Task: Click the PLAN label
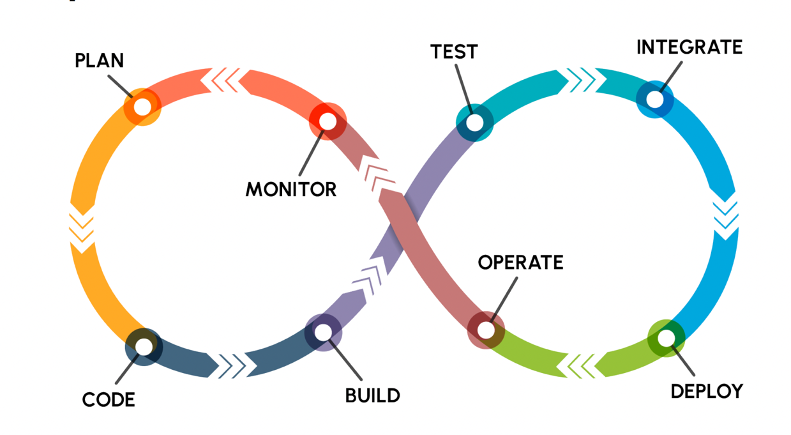point(99,61)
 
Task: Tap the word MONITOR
point(291,189)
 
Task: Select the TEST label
point(454,52)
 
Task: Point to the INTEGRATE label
point(689,47)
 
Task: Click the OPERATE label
point(520,263)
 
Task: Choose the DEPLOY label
point(707,391)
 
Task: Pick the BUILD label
point(373,395)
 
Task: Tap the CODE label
point(109,400)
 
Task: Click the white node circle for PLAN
point(142,107)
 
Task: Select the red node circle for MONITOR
point(328,120)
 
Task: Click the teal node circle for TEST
point(475,122)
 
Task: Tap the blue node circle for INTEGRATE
point(654,99)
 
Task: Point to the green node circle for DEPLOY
point(666,337)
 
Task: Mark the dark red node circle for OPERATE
point(486,330)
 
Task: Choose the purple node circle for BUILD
point(323,332)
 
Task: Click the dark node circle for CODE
point(144,347)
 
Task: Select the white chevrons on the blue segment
point(726,216)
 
